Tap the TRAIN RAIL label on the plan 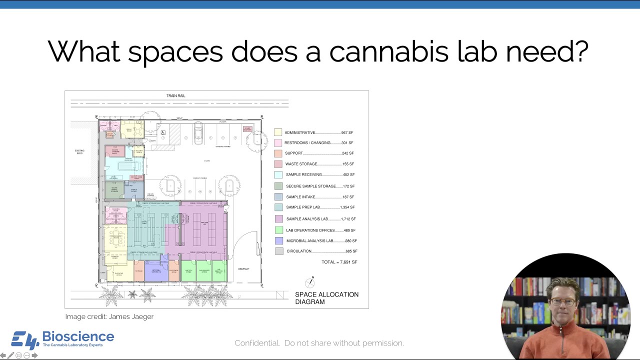[176, 95]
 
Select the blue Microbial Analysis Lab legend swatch [278, 241]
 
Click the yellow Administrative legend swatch [278, 132]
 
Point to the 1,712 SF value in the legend [346, 219]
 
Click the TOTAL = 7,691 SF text [339, 262]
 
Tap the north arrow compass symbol [310, 282]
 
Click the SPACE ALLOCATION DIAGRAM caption [326, 298]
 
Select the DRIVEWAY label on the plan [243, 269]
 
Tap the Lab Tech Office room [188, 271]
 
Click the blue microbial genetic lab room [156, 271]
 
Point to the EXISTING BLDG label [79, 152]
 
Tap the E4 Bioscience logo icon [25, 340]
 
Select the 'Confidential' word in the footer [257, 343]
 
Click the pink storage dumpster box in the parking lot [247, 129]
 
